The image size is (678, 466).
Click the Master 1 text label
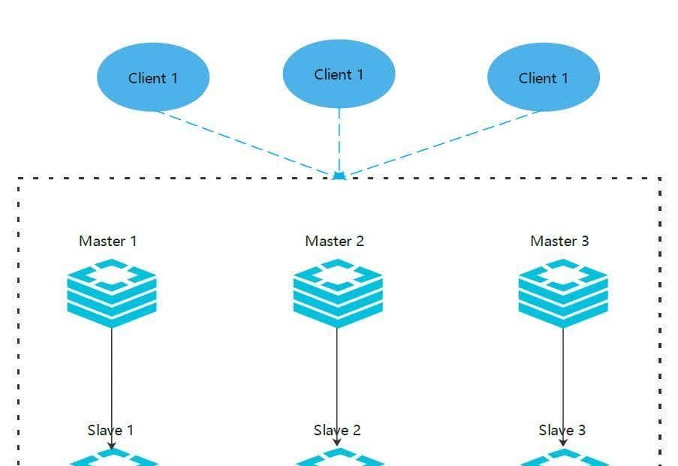point(108,241)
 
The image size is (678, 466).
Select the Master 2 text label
point(334,241)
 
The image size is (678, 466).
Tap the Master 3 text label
point(559,241)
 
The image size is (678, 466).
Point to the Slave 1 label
point(110,430)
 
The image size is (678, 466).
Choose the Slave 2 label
point(337,430)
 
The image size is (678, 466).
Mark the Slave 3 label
point(562,430)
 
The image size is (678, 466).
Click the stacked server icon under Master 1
point(112,293)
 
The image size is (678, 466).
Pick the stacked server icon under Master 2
point(338,293)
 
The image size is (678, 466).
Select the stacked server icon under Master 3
point(563,293)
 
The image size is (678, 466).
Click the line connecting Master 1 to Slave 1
point(112,375)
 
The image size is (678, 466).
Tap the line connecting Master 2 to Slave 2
point(337,375)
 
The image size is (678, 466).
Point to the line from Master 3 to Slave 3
point(563,375)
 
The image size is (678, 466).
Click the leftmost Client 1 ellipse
point(153,77)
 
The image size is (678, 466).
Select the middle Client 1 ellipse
point(339,74)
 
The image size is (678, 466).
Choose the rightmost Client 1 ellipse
point(544,77)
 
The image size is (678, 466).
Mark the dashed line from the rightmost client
point(443,143)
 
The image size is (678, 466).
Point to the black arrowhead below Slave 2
point(337,443)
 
